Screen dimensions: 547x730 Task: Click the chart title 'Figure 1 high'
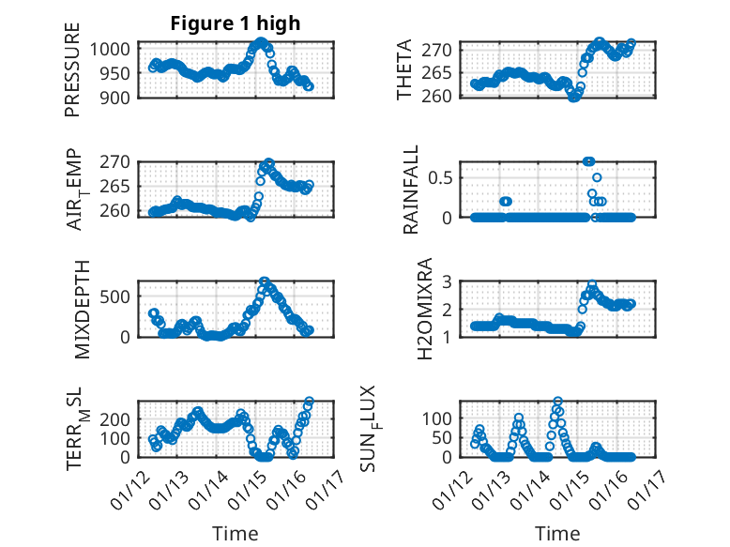(x=236, y=23)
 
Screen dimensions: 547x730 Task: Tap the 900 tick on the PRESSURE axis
(x=119, y=97)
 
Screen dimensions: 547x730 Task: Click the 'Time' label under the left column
(x=236, y=534)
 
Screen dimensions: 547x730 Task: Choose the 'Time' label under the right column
(x=557, y=534)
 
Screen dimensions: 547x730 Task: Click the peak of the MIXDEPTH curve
(x=265, y=281)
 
